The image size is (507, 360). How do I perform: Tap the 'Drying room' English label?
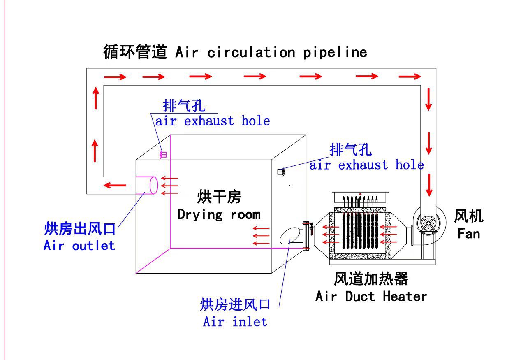[x=218, y=214]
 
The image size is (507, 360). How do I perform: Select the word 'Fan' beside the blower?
[x=468, y=234]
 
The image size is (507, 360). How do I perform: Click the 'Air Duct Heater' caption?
[x=371, y=296]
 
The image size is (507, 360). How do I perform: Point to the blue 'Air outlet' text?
[x=79, y=246]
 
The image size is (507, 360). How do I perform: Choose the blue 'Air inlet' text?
[x=235, y=321]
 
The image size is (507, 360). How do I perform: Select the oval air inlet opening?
[x=290, y=236]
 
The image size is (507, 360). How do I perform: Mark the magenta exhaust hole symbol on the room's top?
[x=163, y=155]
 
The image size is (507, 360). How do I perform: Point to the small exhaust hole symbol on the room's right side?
[x=281, y=172]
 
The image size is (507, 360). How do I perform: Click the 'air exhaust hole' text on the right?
[x=366, y=165]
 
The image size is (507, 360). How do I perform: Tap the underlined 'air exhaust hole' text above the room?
[x=212, y=121]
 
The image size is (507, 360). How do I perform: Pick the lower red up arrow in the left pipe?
[x=95, y=151]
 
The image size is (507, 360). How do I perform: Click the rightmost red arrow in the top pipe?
[x=410, y=76]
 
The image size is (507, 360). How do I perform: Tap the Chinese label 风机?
[x=468, y=216]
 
